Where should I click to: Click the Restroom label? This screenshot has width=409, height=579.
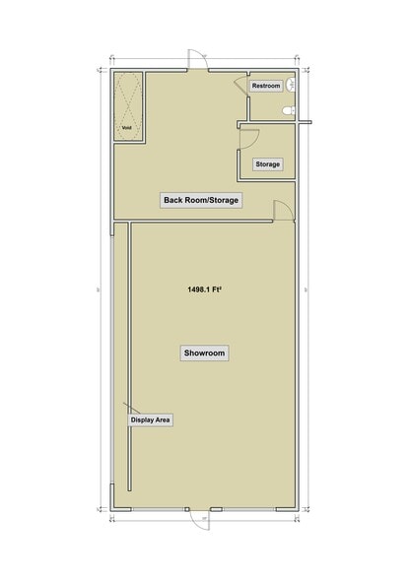(x=266, y=87)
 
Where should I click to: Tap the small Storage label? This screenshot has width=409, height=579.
(x=268, y=163)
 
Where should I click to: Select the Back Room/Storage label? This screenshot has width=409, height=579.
(x=201, y=200)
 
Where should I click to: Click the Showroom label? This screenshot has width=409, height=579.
(x=204, y=353)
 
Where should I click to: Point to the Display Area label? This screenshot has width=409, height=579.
(x=151, y=419)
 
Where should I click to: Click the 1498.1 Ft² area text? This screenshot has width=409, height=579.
(x=204, y=289)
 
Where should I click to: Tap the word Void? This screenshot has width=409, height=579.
(x=126, y=128)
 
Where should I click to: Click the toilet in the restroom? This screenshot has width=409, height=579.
(x=287, y=111)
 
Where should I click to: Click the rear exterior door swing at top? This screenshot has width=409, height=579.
(x=197, y=59)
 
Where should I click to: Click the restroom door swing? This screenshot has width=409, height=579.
(x=240, y=83)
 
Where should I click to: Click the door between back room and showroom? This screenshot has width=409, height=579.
(x=283, y=209)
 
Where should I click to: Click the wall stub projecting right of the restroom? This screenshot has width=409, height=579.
(x=305, y=123)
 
